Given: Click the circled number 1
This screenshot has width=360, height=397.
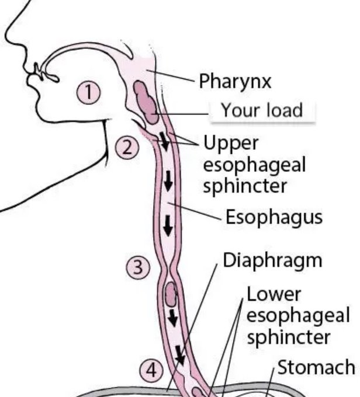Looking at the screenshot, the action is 88,92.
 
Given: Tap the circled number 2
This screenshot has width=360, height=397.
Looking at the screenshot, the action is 127,148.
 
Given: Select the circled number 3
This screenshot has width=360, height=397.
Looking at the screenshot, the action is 138,267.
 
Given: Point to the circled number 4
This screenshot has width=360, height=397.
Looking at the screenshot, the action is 151,371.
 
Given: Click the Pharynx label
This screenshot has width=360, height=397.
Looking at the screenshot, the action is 235,82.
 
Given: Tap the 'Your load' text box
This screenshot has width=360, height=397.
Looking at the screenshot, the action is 262,110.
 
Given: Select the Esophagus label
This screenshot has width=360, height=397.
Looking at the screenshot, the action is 274,217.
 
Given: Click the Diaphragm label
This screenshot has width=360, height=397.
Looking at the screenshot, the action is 272,261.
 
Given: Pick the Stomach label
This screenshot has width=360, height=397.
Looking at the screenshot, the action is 316,367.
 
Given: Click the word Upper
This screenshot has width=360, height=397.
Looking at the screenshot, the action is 231,144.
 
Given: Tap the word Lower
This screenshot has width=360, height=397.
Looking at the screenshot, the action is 274,294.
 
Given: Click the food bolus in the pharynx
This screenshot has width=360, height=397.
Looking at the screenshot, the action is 146,102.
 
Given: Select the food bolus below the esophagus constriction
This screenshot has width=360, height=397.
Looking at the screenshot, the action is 171,294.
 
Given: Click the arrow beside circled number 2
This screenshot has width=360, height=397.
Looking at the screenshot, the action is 164,141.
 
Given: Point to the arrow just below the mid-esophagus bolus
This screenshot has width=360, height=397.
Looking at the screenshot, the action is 172,318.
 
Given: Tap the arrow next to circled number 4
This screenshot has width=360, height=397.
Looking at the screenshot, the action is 179,356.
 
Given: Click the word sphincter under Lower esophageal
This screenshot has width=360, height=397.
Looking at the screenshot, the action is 289,338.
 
